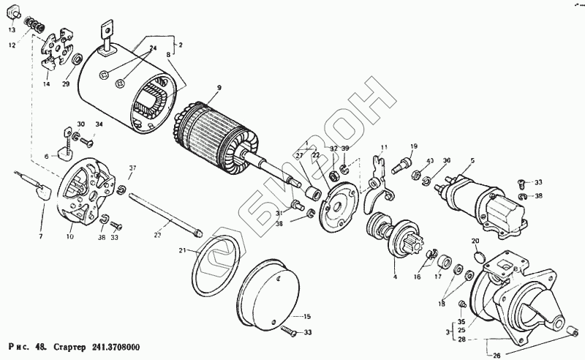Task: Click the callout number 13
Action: tap(11, 30)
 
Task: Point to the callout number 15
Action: tap(307, 316)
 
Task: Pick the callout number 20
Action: tap(475, 241)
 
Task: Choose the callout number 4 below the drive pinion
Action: tap(395, 277)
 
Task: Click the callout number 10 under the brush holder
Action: tap(70, 236)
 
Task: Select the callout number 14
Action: tap(46, 85)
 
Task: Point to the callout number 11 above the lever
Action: tap(384, 147)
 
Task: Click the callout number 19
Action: tap(413, 146)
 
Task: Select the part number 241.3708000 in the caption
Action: tap(116, 346)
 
